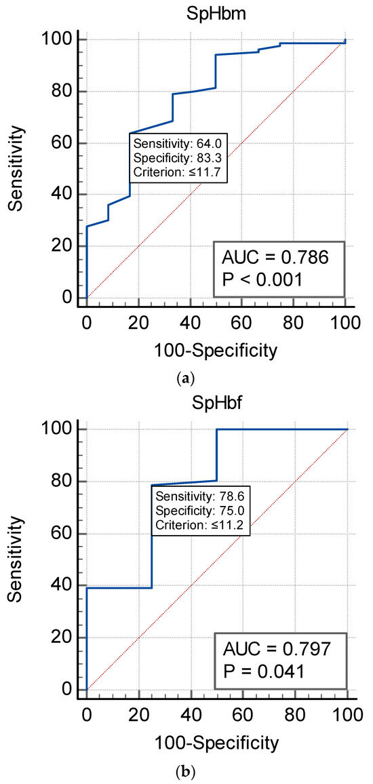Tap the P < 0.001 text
coord(265,280)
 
